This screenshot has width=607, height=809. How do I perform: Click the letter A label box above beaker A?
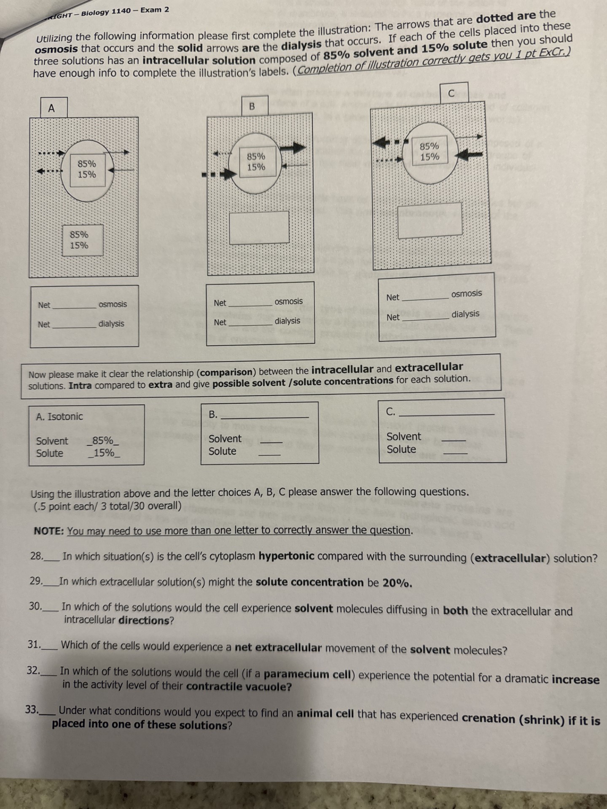(51, 108)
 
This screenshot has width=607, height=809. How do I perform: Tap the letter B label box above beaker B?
(252, 106)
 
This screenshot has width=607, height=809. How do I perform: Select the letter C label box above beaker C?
(451, 94)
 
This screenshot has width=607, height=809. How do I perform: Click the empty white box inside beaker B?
(259, 227)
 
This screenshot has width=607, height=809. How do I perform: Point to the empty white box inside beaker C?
(429, 220)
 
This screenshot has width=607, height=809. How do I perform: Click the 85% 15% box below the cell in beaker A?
(82, 240)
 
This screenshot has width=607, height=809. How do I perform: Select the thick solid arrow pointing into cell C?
(469, 155)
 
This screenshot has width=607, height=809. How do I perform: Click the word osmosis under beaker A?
(113, 304)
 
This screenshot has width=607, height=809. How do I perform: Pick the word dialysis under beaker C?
(465, 314)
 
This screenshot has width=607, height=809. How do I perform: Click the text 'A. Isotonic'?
(59, 417)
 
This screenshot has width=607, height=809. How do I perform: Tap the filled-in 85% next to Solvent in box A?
(103, 441)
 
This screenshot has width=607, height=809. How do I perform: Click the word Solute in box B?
(222, 451)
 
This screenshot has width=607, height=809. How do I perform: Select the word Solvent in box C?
(403, 437)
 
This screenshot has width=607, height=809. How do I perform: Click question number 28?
(36, 556)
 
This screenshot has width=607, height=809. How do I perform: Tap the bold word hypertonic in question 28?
(286, 556)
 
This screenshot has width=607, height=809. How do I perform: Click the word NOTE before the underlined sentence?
(48, 531)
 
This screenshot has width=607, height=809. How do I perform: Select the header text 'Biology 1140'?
(106, 11)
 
